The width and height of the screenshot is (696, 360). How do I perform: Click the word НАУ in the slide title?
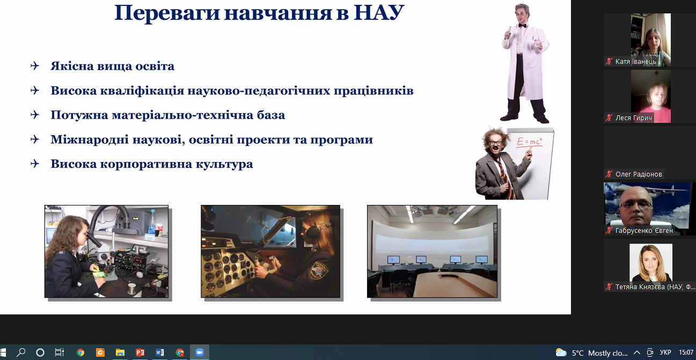click(x=379, y=13)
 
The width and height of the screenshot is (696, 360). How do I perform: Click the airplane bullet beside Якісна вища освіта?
click(x=35, y=66)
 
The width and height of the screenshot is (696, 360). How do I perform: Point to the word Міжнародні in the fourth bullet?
click(x=90, y=139)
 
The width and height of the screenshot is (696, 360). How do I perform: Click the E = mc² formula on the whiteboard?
click(x=530, y=142)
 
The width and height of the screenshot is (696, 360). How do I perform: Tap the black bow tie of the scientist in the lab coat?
click(x=522, y=26)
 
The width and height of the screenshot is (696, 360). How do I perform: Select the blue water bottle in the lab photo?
click(x=152, y=222)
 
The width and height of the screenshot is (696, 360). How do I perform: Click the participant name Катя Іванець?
click(x=635, y=62)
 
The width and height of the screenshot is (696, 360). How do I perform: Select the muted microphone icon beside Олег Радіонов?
click(x=609, y=174)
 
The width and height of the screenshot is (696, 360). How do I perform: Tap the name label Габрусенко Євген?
click(x=644, y=231)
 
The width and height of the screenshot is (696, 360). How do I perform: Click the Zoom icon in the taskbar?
click(x=200, y=352)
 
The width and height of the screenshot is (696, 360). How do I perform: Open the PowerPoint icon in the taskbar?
click(x=140, y=352)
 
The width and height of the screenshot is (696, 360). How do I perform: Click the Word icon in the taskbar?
click(x=160, y=352)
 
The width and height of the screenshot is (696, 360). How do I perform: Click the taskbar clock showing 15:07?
click(x=686, y=352)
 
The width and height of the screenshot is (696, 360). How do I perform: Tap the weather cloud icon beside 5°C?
click(x=561, y=352)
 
